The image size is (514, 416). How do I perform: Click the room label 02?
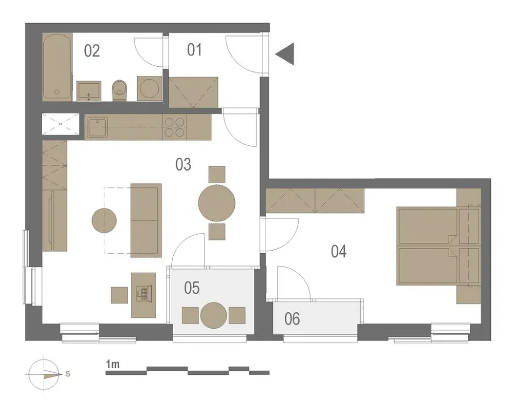tap(92, 51)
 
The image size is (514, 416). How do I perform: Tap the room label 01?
tap(194, 50)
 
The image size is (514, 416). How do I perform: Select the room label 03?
tap(183, 164)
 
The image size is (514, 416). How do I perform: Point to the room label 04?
tap(339, 252)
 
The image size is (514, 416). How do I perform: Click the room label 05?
tap(192, 288)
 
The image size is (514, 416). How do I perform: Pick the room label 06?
tap(292, 319)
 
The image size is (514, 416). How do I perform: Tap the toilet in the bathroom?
tap(119, 90)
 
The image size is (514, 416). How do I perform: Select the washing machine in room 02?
tap(150, 88)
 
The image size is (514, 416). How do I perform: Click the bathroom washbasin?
tap(89, 91)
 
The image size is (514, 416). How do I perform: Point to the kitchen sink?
tap(97, 126)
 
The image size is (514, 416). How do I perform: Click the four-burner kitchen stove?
tap(174, 127)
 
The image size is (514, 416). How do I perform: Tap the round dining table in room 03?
tap(217, 203)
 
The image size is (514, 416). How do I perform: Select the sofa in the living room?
tap(146, 220)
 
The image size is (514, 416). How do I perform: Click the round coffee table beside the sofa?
tap(104, 220)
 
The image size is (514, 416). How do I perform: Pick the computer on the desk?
tap(143, 293)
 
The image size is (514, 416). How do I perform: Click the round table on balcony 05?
tap(214, 315)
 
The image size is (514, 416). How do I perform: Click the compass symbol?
tap(44, 374)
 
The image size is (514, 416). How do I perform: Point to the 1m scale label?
tap(113, 364)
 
